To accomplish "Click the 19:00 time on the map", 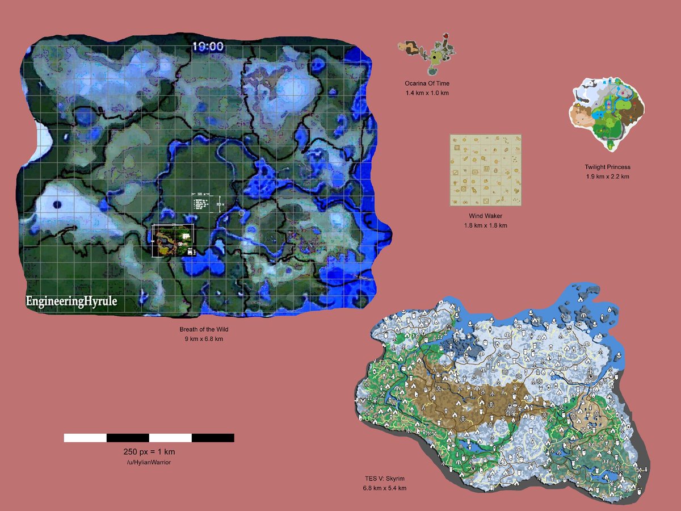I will [x=208, y=47].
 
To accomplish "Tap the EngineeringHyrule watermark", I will [x=71, y=301].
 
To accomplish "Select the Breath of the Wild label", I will [x=203, y=329].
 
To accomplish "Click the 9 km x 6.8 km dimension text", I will [x=203, y=339].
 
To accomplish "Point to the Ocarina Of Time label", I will [x=427, y=83].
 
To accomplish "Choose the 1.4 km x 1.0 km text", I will [x=427, y=93].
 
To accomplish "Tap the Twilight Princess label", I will [x=607, y=167].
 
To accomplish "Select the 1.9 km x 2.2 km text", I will [x=607, y=177].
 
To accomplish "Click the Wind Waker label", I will [x=485, y=216].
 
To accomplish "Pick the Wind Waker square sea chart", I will [x=485, y=170].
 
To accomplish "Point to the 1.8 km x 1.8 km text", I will [x=485, y=225].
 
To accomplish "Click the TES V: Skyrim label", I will [x=385, y=479].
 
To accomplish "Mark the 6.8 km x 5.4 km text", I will [x=385, y=488].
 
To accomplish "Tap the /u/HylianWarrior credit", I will [x=149, y=463].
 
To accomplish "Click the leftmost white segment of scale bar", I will [x=85, y=438].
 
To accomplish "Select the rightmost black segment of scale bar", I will [x=213, y=438].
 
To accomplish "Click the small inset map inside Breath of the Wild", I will [x=174, y=240].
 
